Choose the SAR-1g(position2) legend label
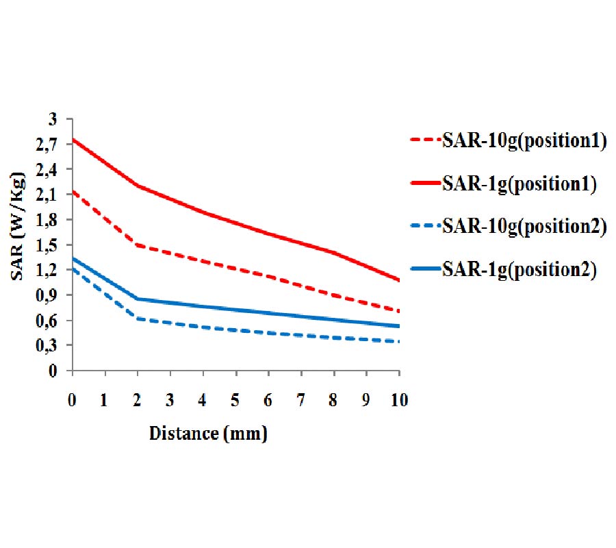pyautogui.click(x=520, y=269)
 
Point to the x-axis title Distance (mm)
pyautogui.click(x=208, y=433)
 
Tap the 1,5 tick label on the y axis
pyautogui.click(x=53, y=245)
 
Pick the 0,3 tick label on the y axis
pyautogui.click(x=53, y=345)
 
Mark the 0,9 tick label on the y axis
pyautogui.click(x=53, y=295)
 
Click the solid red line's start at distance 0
pyautogui.click(x=73, y=140)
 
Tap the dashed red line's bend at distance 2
pyautogui.click(x=138, y=245)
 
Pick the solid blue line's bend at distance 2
pyautogui.click(x=138, y=299)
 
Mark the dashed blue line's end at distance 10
pyautogui.click(x=399, y=342)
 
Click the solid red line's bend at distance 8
pyautogui.click(x=334, y=253)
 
